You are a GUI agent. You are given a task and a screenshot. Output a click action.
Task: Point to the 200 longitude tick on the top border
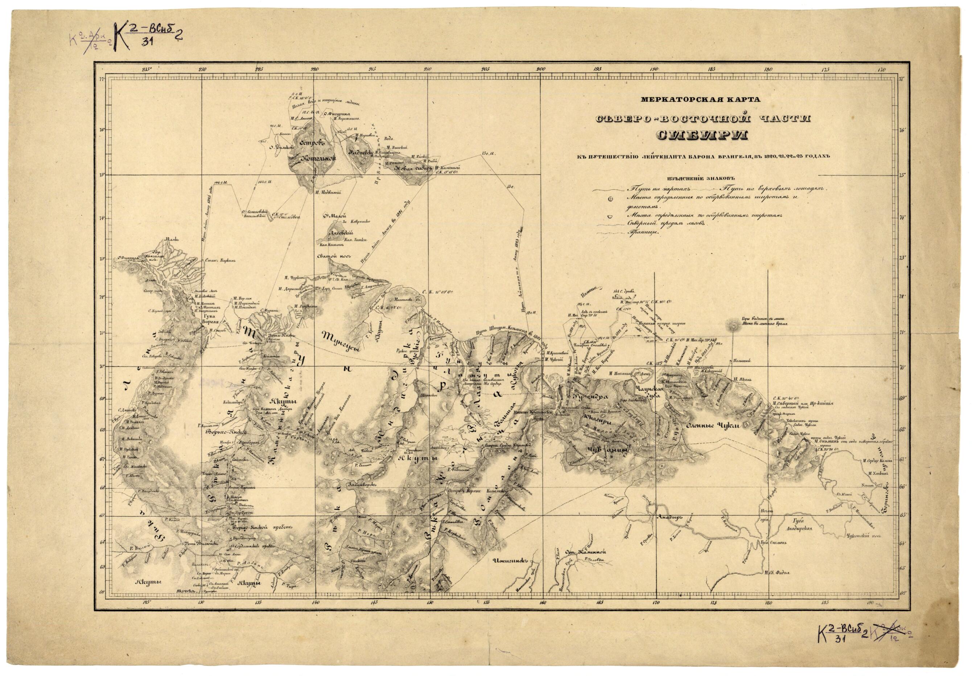click(x=541, y=70)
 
